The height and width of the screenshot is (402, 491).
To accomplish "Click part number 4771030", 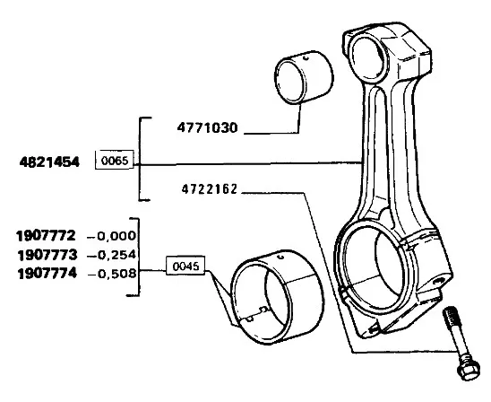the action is pos(207,128).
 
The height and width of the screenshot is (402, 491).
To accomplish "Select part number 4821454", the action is pos(49,162).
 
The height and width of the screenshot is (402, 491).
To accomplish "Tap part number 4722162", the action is pos(210,189).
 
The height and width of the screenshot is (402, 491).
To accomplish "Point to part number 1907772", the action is pos(47,235).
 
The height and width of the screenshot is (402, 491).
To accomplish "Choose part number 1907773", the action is pos(47,255).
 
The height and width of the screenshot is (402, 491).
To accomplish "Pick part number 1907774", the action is pos(47,274).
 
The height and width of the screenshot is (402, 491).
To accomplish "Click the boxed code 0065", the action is pos(115,161).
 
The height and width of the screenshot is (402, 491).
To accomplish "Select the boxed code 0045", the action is pos(185,266).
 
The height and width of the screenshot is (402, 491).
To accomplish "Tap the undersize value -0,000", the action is pos(112,236).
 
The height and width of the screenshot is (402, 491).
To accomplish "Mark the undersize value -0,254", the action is pos(112,255).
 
